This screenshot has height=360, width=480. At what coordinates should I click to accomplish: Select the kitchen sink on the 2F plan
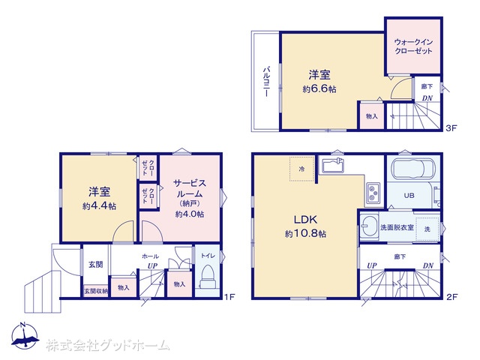pyautogui.click(x=333, y=166)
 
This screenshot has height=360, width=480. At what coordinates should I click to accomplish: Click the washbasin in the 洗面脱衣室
pyautogui.click(x=369, y=226)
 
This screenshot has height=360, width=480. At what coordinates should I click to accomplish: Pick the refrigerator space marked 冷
pyautogui.click(x=301, y=169)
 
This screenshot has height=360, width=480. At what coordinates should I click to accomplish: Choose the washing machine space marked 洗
pyautogui.click(x=427, y=229)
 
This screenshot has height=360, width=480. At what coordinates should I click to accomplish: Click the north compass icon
pyautogui.click(x=25, y=336)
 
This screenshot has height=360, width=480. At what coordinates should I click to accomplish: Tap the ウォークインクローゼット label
pyautogui.click(x=413, y=46)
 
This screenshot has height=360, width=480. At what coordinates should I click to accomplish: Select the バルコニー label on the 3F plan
pyautogui.click(x=267, y=82)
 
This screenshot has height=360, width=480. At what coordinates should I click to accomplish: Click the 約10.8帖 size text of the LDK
pyautogui.click(x=305, y=234)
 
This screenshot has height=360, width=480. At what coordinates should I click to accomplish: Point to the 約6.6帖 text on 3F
pyautogui.click(x=319, y=89)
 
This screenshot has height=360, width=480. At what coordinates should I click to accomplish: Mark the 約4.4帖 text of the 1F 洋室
pyautogui.click(x=99, y=206)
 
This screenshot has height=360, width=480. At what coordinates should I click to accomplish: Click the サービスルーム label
pyautogui.click(x=190, y=188)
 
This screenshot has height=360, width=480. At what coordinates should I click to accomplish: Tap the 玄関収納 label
pyautogui.click(x=96, y=291)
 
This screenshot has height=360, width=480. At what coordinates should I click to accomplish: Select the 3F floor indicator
pyautogui.click(x=451, y=128)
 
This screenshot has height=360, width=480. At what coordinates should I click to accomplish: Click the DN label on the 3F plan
pyautogui.click(x=427, y=98)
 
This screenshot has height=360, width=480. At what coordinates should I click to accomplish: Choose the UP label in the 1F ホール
pyautogui.click(x=152, y=265)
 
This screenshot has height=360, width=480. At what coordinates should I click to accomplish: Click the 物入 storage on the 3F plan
pyautogui.click(x=372, y=116)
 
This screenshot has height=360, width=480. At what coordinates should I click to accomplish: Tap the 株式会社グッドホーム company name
pyautogui.click(x=108, y=345)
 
